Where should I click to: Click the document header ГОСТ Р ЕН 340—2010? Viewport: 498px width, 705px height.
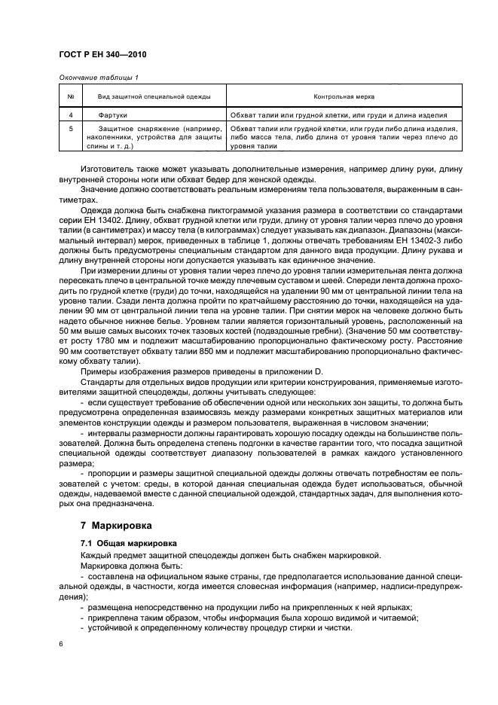(x=98, y=56)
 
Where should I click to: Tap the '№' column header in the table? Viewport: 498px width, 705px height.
(x=70, y=97)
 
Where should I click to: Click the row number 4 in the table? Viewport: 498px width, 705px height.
(x=70, y=115)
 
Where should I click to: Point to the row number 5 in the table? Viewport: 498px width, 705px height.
(x=70, y=129)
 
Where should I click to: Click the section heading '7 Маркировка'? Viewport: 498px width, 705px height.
(x=116, y=524)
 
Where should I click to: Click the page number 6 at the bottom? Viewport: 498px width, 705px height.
(x=62, y=645)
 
